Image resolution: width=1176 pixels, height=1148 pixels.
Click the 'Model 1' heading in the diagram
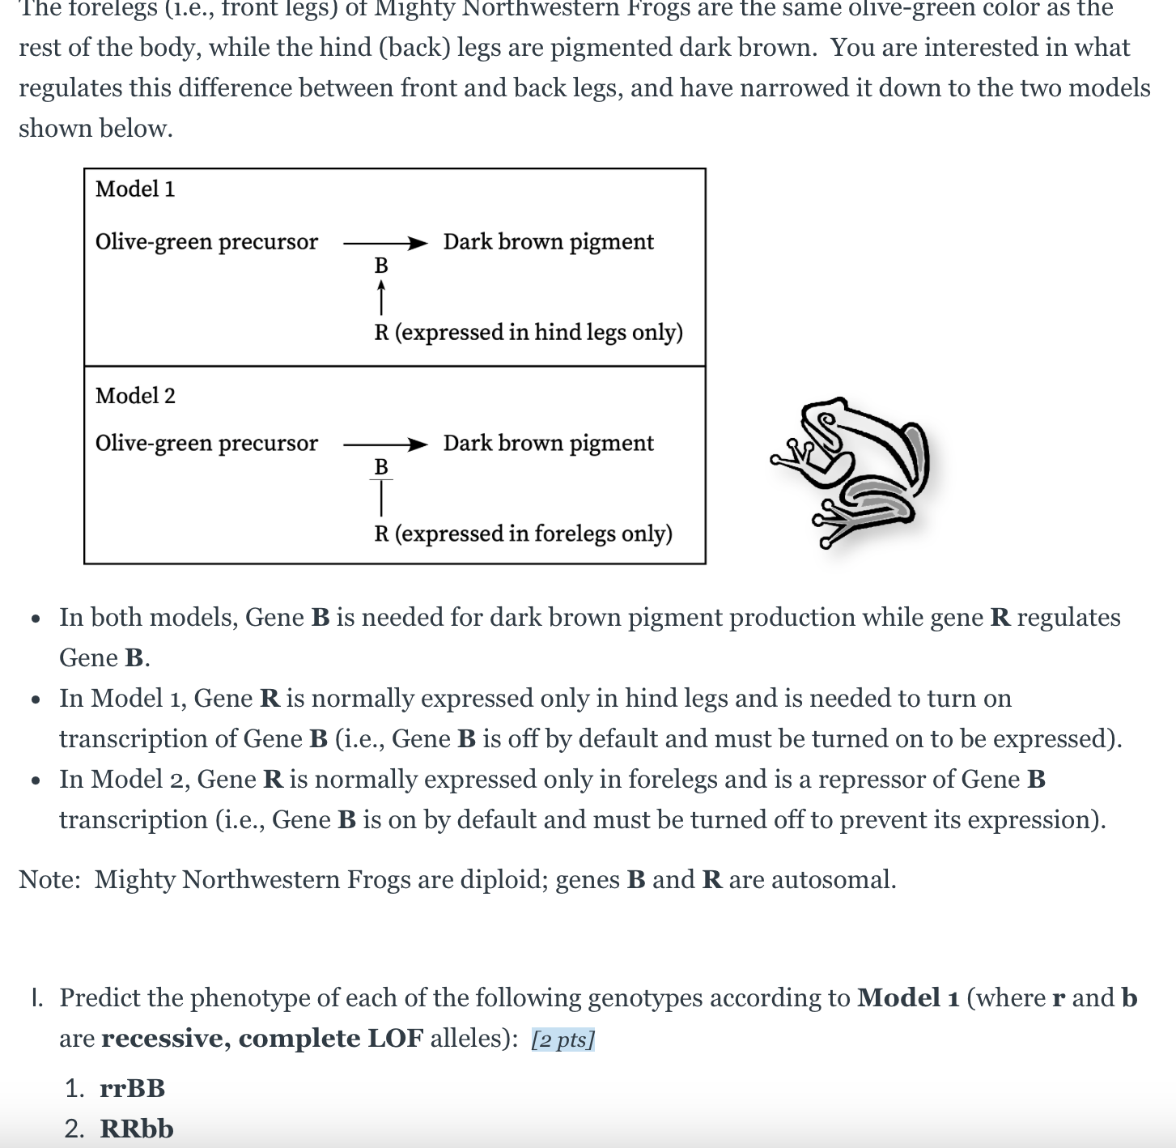[x=135, y=189]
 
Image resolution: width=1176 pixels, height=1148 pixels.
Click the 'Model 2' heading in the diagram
[x=135, y=396]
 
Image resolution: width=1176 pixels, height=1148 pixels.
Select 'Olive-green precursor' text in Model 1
[x=206, y=242]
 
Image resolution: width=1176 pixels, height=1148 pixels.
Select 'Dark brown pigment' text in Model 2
[x=548, y=444]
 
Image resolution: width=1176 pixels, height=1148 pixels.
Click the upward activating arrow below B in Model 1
[x=381, y=297]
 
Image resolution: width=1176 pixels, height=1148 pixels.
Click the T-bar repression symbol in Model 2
[x=381, y=496]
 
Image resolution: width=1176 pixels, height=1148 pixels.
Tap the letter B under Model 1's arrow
[x=381, y=266]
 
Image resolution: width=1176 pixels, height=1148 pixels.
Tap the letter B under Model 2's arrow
[x=381, y=467]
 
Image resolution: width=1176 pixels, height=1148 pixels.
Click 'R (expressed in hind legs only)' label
[x=528, y=333]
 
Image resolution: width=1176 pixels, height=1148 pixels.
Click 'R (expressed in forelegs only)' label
[x=523, y=534]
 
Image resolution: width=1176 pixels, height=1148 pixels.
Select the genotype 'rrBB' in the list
[x=133, y=1088]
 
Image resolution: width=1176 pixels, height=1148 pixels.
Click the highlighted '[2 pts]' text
[x=563, y=1040]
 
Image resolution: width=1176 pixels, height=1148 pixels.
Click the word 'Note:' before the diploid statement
[x=49, y=880]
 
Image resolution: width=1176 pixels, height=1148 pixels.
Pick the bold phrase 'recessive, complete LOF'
[x=262, y=1039]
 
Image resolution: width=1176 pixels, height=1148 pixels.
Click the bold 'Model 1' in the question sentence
[x=908, y=998]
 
